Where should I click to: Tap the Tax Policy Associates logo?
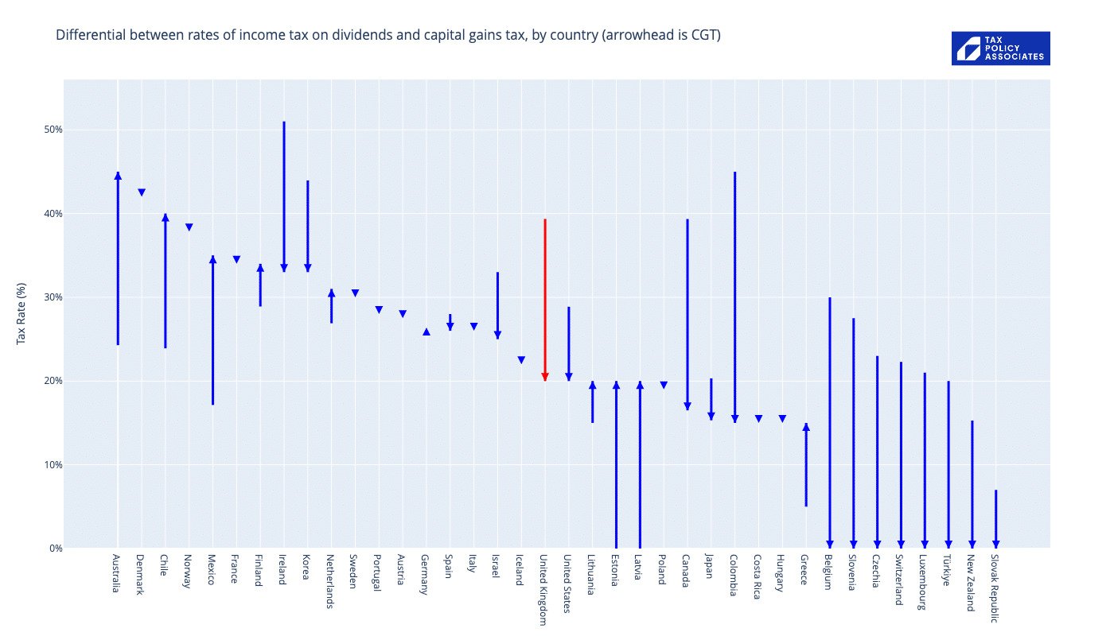pyautogui.click(x=1000, y=48)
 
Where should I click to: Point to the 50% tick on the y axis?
pyautogui.click(x=52, y=130)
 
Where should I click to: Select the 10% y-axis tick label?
pyautogui.click(x=52, y=464)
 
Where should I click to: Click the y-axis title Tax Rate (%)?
pyautogui.click(x=21, y=313)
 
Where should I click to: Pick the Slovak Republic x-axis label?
pyautogui.click(x=995, y=588)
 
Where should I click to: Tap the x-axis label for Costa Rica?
pyautogui.click(x=758, y=576)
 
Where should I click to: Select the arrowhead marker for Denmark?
pyautogui.click(x=142, y=192)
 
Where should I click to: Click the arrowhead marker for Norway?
pyautogui.click(x=189, y=227)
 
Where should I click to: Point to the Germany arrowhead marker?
pyautogui.click(x=427, y=332)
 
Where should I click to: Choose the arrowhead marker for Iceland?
pyautogui.click(x=521, y=360)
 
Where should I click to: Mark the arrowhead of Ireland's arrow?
pyautogui.click(x=284, y=268)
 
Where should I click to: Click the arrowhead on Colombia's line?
pyautogui.click(x=734, y=419)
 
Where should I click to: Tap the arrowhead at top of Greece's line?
pyautogui.click(x=806, y=427)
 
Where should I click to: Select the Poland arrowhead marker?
pyautogui.click(x=664, y=386)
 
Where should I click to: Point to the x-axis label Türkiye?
pyautogui.click(x=947, y=570)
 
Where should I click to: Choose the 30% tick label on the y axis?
pyautogui.click(x=52, y=297)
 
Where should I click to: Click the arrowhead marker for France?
pyautogui.click(x=236, y=259)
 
